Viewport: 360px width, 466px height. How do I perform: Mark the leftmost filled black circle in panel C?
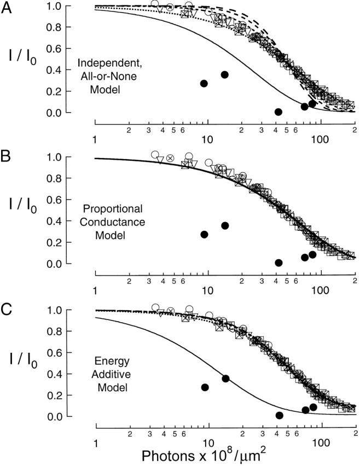click(x=205, y=387)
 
